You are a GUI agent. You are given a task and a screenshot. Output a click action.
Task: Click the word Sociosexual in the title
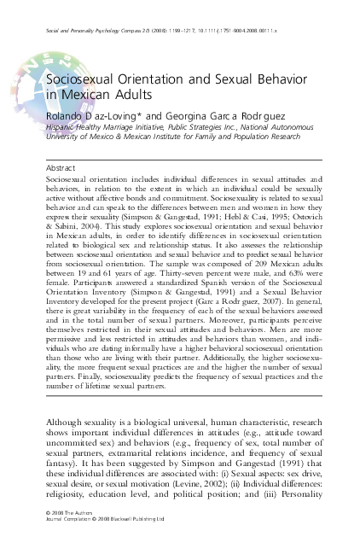coord(82,78)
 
